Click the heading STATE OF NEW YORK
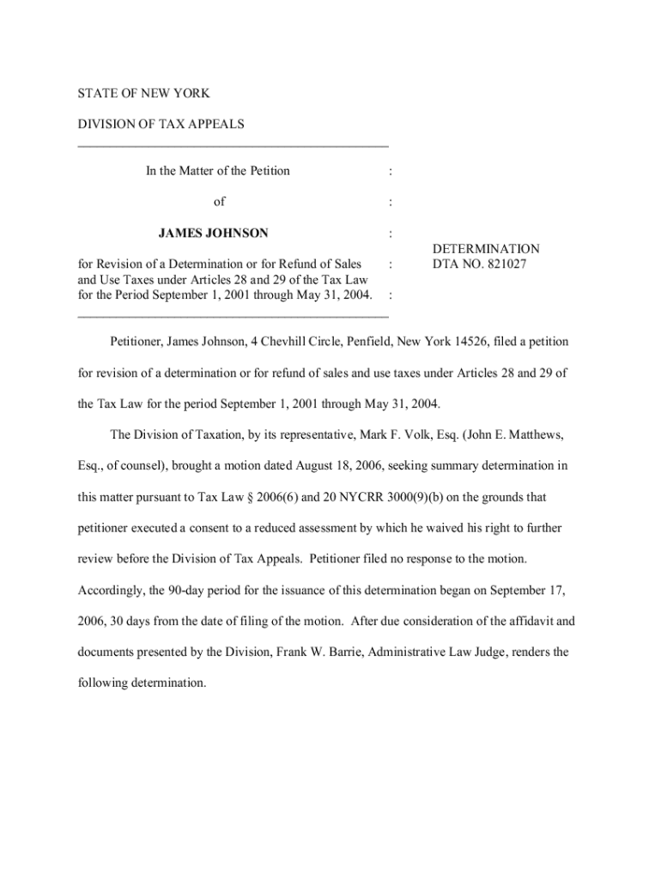143,93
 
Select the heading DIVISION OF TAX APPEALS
161,124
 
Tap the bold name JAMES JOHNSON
213,233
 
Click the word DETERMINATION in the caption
486,249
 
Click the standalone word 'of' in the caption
219,202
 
